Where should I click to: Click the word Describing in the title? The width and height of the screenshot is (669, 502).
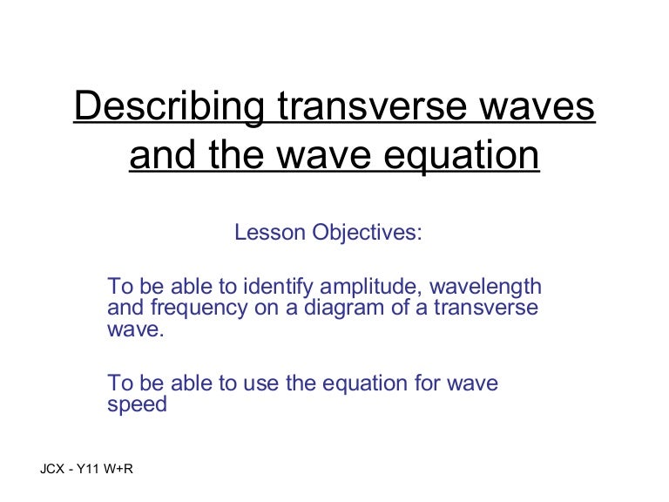(170, 108)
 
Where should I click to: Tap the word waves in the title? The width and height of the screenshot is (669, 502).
(539, 108)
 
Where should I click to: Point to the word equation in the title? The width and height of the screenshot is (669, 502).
(448, 157)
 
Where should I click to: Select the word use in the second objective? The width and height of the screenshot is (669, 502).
(260, 383)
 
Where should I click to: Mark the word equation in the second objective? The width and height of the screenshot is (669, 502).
(362, 383)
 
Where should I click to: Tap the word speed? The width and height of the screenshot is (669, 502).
(137, 405)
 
